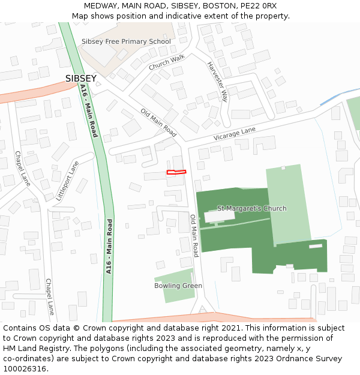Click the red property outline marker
176,173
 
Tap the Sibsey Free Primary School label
126,41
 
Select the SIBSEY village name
80,79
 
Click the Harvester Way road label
217,81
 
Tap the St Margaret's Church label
251,208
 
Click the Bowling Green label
178,286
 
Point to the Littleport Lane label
67,180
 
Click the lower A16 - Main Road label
110,246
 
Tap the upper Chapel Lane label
22,168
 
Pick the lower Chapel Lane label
50,296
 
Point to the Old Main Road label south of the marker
194,236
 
